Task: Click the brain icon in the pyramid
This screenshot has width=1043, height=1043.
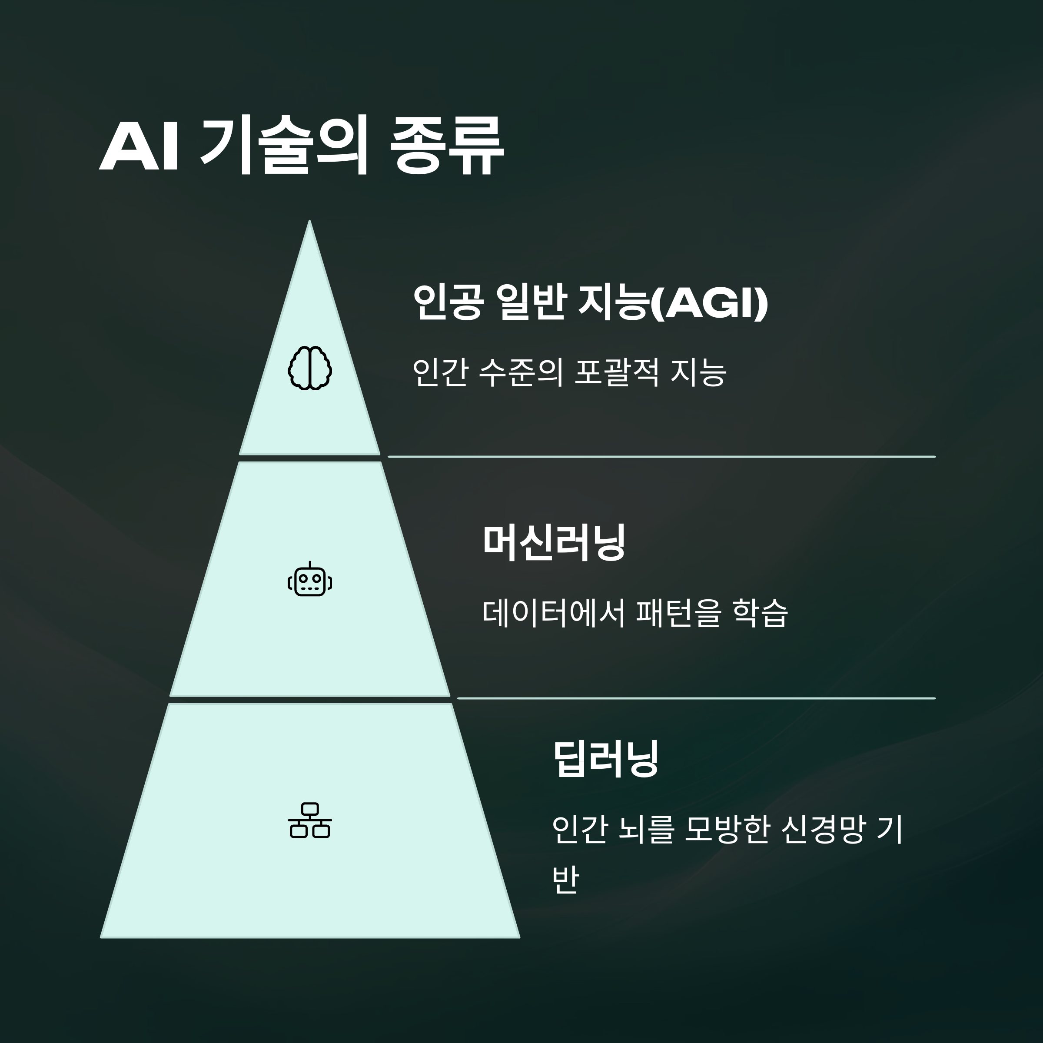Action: pos(310,368)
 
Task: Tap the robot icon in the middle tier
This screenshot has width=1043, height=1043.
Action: pos(310,580)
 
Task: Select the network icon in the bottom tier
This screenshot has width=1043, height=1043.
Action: pos(310,820)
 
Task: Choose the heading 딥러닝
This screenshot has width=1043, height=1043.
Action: pos(606,758)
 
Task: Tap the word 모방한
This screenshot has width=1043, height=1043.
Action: pos(726,830)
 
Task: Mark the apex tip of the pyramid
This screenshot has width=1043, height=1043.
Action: pos(309,222)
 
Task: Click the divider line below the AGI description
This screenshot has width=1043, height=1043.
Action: pos(661,457)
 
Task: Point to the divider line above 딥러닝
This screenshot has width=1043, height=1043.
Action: pos(696,698)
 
